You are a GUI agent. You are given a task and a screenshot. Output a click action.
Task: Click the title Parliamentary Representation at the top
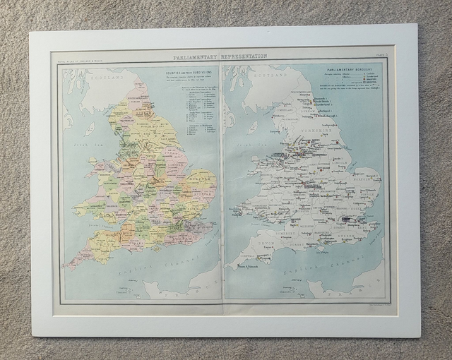(x=220, y=56)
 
